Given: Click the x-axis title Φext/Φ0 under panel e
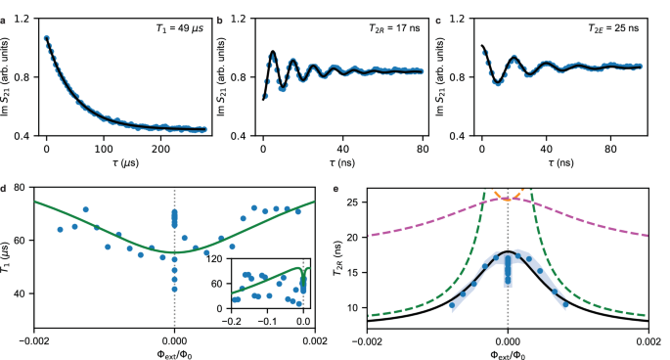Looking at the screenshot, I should click(x=508, y=350).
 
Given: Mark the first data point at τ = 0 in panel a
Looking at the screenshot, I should click(x=46, y=38).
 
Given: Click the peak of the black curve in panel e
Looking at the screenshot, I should click(x=508, y=252).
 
